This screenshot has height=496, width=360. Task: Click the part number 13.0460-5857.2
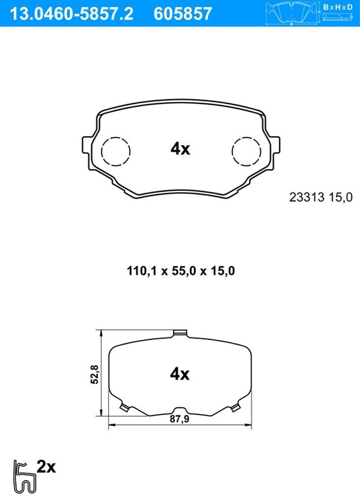point(72,14)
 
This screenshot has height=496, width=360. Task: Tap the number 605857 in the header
point(183,14)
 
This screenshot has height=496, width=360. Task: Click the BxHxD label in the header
point(338,7)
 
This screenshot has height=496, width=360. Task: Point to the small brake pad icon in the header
point(292,13)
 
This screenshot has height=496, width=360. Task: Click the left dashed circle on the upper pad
point(116,151)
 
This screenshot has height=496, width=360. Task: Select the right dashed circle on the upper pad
point(246,151)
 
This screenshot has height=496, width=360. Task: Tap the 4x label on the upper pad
point(180,149)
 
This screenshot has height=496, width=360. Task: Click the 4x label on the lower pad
point(180,374)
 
